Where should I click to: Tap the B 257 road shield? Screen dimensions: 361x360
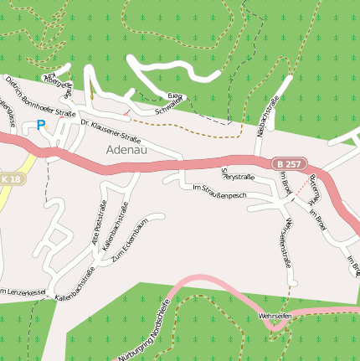click(x=288, y=164)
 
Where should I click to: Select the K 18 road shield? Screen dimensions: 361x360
click(x=11, y=178)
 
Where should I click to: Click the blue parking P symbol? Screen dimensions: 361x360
click(x=40, y=125)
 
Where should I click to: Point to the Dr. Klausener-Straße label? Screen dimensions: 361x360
click(x=111, y=130)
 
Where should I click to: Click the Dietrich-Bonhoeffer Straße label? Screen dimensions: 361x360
click(x=40, y=96)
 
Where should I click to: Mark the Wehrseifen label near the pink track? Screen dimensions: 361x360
click(x=275, y=316)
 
